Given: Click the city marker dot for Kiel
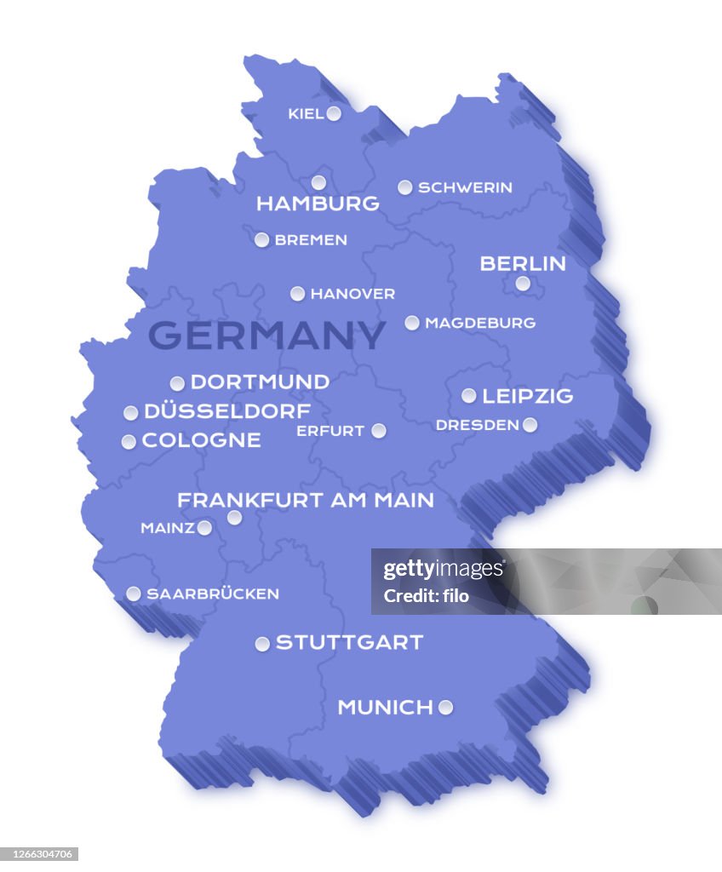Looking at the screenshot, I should point(334,113).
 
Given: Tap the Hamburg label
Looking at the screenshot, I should point(318,204).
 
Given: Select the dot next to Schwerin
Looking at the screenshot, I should point(405,187).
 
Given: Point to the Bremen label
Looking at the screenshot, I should point(311,240).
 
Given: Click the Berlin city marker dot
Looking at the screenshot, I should point(523,284).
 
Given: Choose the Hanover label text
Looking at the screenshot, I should point(352,294).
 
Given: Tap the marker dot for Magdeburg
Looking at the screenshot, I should point(412,323).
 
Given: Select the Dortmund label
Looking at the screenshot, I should point(260,382).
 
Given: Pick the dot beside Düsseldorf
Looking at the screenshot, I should point(130,413).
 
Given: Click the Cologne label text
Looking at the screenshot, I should point(201,440).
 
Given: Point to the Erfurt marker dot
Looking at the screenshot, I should point(379,431).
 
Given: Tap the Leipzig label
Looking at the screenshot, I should point(528,396).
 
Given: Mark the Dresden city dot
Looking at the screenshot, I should point(530,425).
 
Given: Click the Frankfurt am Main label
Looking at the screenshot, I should point(306,500).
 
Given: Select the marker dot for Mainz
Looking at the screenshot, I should point(204,528).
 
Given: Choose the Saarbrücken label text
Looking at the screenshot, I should point(213,594).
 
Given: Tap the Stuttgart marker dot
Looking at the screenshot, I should point(262,644).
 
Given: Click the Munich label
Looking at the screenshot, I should point(385,708).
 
